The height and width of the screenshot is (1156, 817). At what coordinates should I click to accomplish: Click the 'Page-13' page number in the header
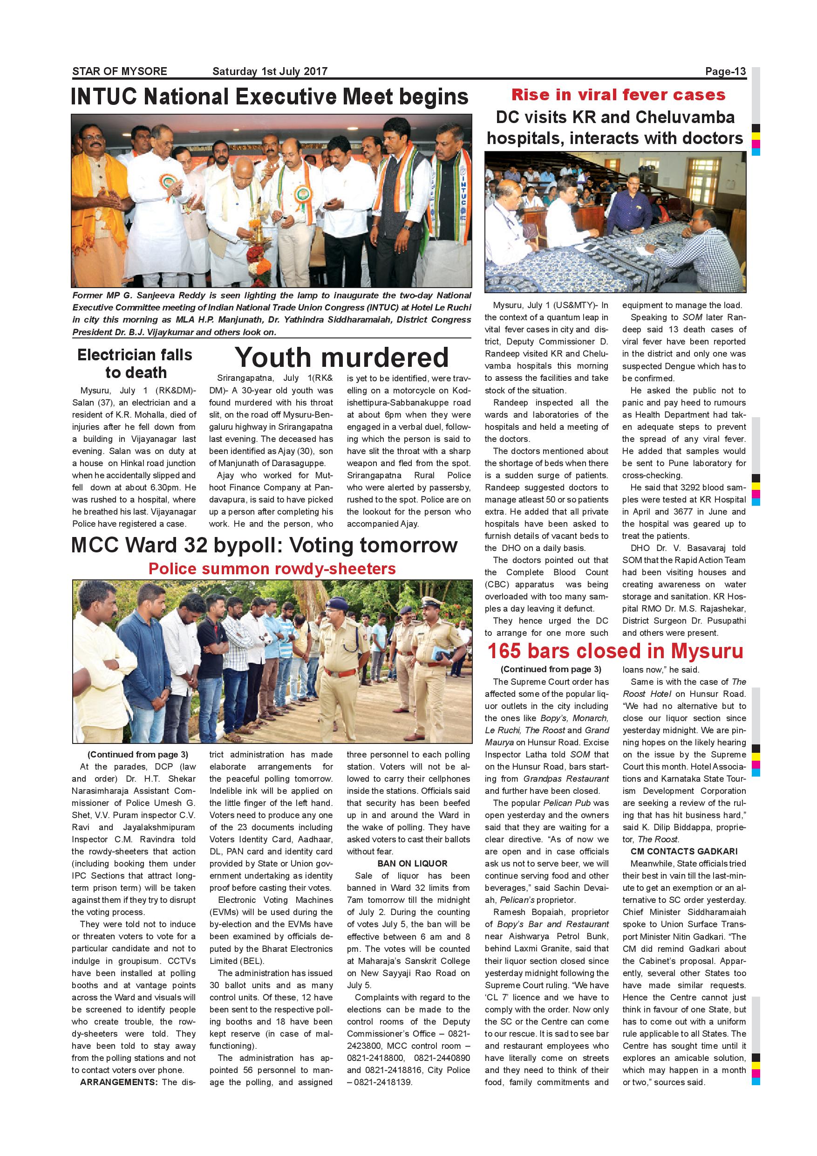click(x=725, y=71)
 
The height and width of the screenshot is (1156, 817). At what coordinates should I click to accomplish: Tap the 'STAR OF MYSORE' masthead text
click(x=120, y=71)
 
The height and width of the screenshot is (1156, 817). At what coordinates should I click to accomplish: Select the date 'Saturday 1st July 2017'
click(x=270, y=71)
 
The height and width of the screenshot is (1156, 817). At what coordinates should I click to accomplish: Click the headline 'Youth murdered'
click(x=341, y=358)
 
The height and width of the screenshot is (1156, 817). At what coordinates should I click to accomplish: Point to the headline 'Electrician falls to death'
click(x=135, y=364)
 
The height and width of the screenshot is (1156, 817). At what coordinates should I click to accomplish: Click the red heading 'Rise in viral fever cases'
click(x=618, y=95)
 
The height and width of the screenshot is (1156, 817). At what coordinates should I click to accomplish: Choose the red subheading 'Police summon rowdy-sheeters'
click(x=272, y=569)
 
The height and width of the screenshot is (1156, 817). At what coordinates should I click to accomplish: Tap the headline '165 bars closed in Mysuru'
click(x=615, y=651)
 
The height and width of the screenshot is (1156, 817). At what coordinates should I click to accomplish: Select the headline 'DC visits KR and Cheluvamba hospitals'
click(x=615, y=128)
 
